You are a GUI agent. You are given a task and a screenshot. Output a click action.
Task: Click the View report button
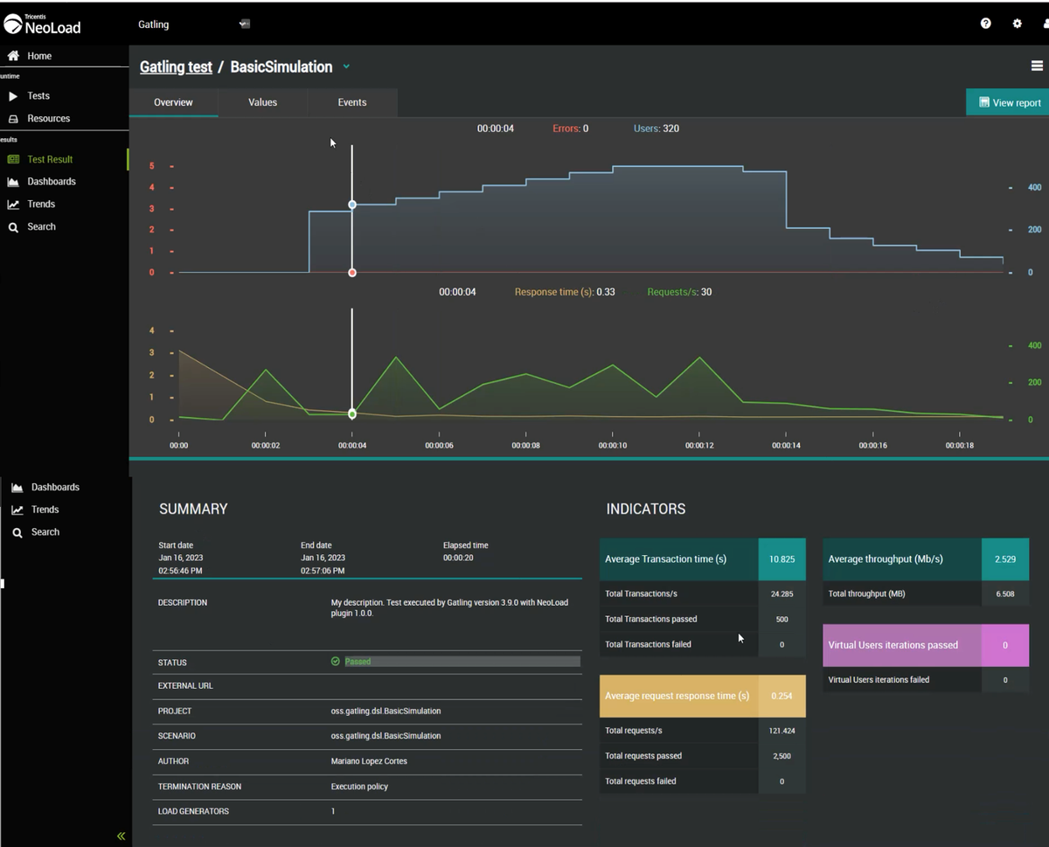(x=1010, y=102)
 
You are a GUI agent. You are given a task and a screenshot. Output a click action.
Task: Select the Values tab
(x=262, y=102)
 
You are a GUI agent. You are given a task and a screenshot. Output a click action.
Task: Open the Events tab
(x=352, y=102)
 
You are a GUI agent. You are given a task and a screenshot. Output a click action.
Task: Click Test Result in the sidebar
(x=50, y=159)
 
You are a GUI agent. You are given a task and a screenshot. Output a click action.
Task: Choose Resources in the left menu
(x=48, y=118)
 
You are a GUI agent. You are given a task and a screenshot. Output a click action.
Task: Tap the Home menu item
(x=39, y=56)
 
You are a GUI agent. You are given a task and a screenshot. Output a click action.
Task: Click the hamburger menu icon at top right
(x=1037, y=66)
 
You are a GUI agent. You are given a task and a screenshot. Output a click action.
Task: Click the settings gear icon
(x=1017, y=24)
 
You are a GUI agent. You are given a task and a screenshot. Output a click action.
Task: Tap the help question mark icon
(x=985, y=24)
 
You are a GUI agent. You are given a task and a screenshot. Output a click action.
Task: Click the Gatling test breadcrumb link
(x=176, y=67)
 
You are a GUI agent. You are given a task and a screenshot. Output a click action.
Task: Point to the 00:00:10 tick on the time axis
(x=612, y=445)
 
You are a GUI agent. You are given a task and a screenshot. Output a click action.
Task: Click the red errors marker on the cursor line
(x=352, y=273)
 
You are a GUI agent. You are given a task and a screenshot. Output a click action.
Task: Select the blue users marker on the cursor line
(x=352, y=205)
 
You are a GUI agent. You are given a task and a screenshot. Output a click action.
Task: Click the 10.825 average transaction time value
(x=782, y=559)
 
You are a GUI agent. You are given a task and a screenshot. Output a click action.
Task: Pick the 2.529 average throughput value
(x=1004, y=559)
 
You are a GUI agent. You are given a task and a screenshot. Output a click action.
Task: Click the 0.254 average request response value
(x=782, y=696)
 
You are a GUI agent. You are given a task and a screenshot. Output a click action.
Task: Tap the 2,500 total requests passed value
(x=782, y=756)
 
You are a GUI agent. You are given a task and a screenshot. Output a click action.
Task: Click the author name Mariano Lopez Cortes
(x=369, y=761)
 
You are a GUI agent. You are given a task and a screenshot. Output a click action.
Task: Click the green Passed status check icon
(x=336, y=662)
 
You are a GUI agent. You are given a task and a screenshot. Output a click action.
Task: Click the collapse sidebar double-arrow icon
(x=121, y=836)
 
